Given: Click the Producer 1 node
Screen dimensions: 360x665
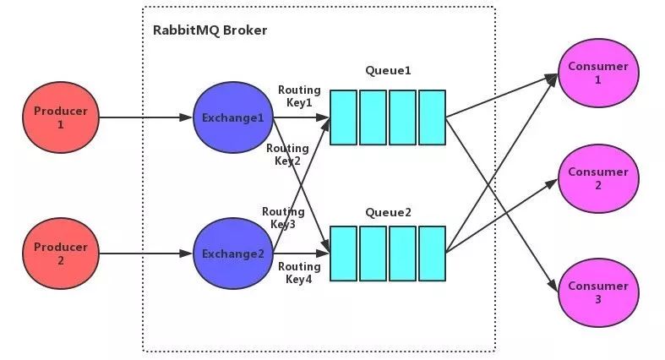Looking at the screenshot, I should (x=61, y=118).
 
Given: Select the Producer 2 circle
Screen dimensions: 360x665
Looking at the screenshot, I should (x=61, y=254).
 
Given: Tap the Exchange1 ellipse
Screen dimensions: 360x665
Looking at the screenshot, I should (x=232, y=118).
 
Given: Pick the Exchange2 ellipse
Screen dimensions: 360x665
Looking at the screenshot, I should (x=232, y=254).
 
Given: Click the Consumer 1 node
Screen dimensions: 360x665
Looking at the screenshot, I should (x=597, y=74).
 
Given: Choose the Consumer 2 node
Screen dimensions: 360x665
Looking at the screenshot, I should (x=597, y=178).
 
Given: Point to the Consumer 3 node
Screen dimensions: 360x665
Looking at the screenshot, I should (x=597, y=292).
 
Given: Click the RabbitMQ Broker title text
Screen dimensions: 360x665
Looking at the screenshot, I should (x=210, y=30).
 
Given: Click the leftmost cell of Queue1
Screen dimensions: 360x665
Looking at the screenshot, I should (x=344, y=117).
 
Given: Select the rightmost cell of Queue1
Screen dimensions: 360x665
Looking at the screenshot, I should (x=432, y=117).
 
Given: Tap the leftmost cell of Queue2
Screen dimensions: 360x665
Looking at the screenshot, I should (x=344, y=253).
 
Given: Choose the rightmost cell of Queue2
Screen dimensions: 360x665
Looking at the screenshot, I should (x=432, y=253).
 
